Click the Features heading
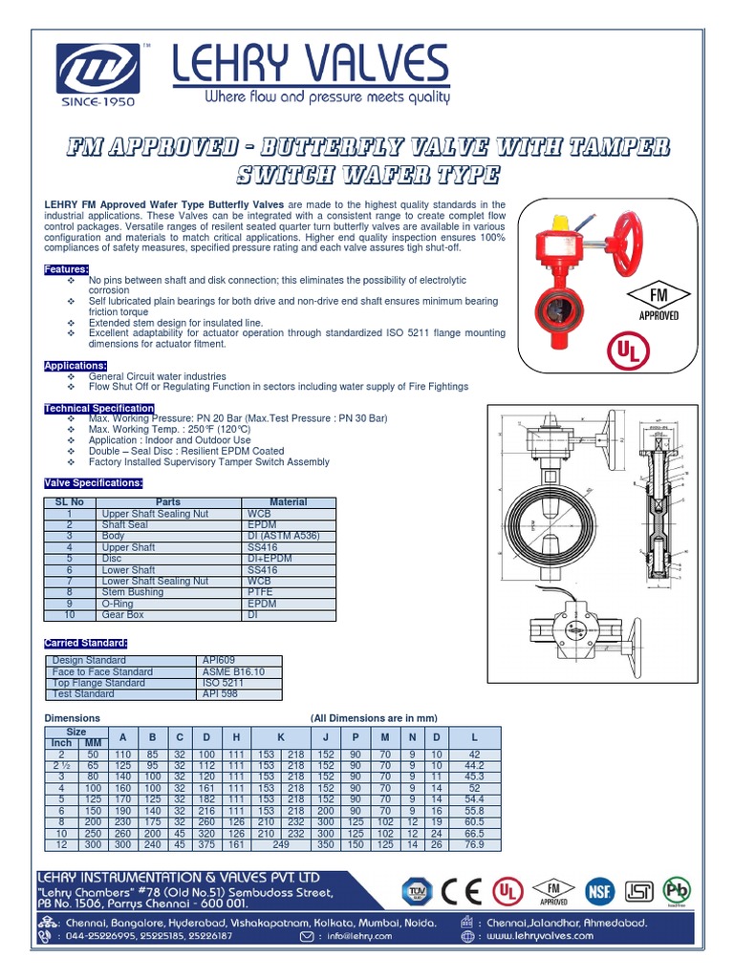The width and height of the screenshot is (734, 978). (x=67, y=270)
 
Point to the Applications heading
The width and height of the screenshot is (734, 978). (x=76, y=366)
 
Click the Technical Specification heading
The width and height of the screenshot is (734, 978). (x=99, y=409)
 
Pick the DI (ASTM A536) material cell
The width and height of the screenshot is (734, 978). (x=287, y=536)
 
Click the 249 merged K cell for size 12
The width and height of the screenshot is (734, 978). (x=281, y=844)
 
